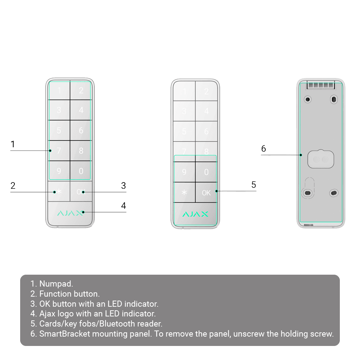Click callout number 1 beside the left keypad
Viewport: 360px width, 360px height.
[13, 144]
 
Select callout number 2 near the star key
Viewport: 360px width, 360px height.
[13, 185]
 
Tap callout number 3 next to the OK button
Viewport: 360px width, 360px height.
[123, 185]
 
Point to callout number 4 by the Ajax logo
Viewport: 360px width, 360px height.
[123, 206]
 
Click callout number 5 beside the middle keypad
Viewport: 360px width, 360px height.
[254, 185]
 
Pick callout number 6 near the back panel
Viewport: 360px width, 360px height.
[264, 149]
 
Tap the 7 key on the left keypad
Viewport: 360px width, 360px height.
[59, 150]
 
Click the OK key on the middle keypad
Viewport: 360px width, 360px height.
[206, 193]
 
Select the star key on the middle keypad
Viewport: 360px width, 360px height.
[184, 193]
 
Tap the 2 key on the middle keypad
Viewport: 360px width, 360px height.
[206, 91]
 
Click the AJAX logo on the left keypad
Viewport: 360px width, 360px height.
[70, 213]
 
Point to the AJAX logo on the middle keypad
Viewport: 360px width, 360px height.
[195, 214]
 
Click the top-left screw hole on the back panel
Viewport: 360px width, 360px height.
[308, 99]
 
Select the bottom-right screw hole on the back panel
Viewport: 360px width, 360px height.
[334, 193]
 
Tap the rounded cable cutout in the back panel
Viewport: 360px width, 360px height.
[321, 159]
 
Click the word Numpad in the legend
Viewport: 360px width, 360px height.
[56, 284]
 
